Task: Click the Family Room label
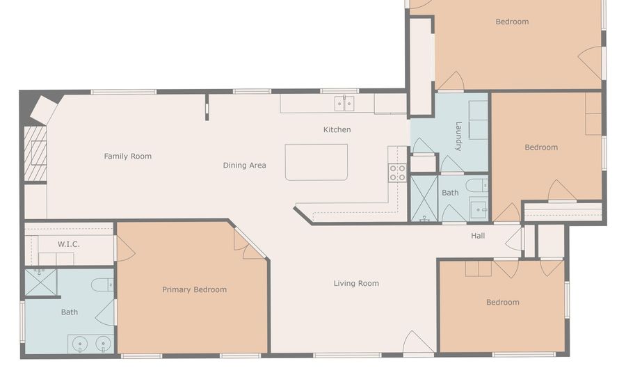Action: (x=128, y=156)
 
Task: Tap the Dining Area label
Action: (x=244, y=166)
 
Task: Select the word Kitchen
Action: (x=337, y=129)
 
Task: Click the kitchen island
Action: (x=316, y=162)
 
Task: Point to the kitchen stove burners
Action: (x=398, y=173)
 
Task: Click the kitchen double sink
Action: (x=344, y=104)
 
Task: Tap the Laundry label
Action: (x=458, y=136)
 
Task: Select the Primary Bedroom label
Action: (x=195, y=289)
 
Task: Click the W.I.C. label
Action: (x=69, y=244)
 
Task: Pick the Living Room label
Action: (x=356, y=283)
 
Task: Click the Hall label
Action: (x=478, y=236)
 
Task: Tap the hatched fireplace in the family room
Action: (x=35, y=154)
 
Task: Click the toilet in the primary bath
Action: (x=103, y=285)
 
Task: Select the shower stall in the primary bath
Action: (x=41, y=282)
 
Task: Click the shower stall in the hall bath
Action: (x=424, y=198)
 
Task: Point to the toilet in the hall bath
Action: (x=477, y=185)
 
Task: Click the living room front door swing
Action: (x=418, y=342)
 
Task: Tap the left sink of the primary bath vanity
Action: (x=80, y=344)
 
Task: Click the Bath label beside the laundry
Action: (x=450, y=193)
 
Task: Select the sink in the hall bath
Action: (x=479, y=208)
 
